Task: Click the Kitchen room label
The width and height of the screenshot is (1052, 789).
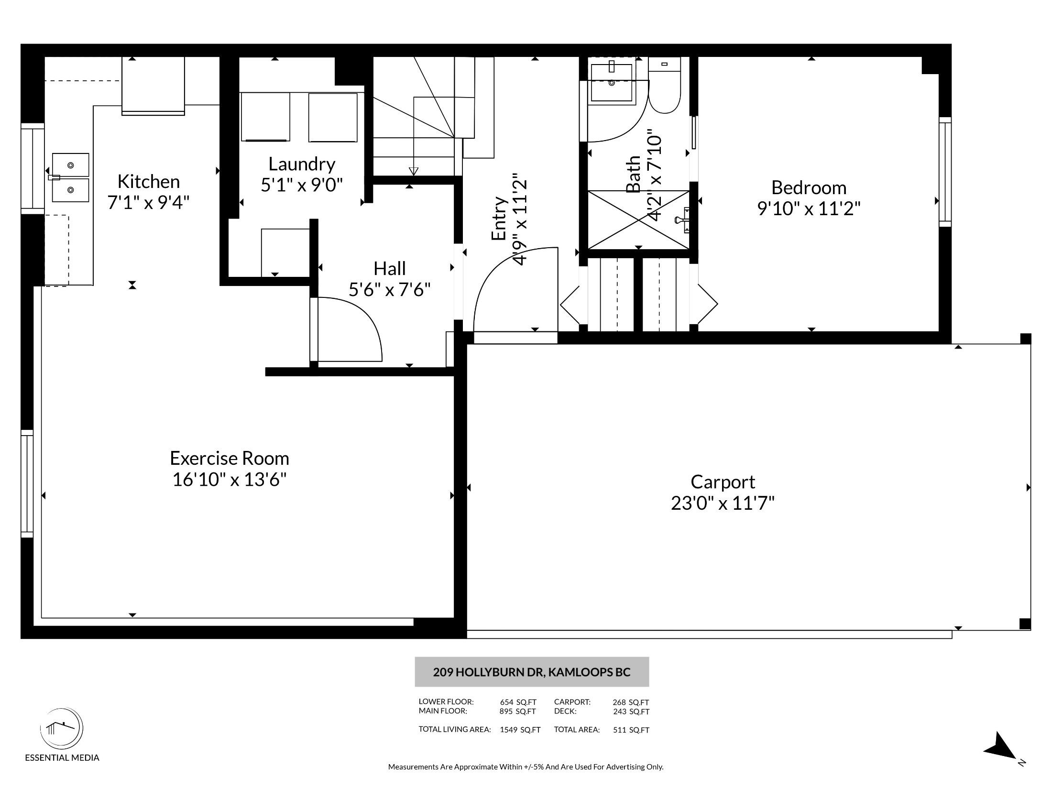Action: (149, 182)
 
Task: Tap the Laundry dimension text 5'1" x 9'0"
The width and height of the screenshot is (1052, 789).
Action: (302, 185)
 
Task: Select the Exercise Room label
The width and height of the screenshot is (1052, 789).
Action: (230, 458)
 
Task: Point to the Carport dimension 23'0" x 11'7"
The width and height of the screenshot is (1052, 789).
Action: (723, 503)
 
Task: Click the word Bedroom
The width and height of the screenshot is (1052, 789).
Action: (809, 187)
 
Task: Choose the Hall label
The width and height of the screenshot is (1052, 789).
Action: (390, 269)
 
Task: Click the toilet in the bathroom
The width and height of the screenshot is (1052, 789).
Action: (665, 86)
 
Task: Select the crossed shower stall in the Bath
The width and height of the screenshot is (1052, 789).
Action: (638, 220)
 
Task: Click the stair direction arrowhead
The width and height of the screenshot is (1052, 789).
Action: (414, 171)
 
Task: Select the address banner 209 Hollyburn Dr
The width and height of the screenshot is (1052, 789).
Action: (532, 672)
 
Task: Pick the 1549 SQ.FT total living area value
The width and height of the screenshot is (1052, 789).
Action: (520, 730)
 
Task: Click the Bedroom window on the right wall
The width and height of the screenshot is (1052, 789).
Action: (945, 172)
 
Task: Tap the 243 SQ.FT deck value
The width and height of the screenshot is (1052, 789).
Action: (631, 712)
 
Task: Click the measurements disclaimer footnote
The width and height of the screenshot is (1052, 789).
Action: (526, 767)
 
